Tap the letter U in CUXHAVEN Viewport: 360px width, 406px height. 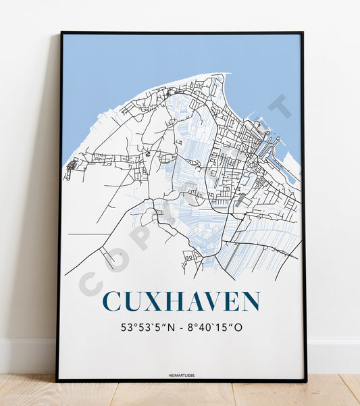pos(134,302)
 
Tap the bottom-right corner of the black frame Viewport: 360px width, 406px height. pos(305,381)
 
